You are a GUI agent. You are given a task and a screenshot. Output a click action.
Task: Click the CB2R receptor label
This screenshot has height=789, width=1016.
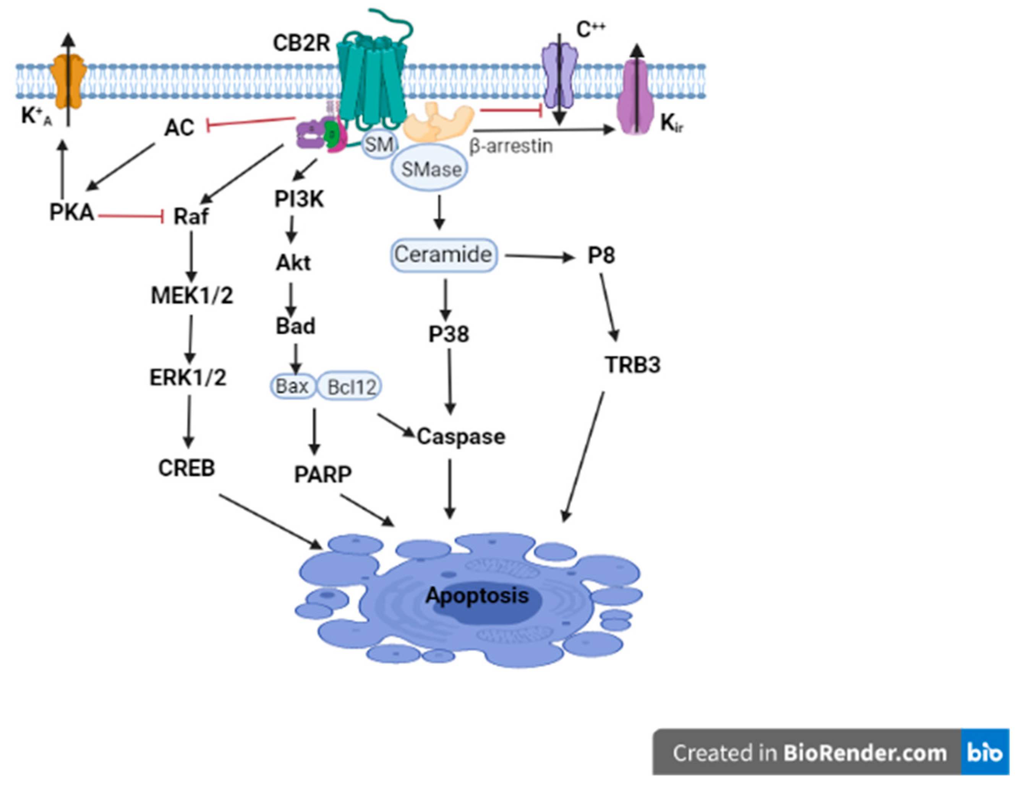301,43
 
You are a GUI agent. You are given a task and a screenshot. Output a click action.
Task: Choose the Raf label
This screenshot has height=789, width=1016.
191,216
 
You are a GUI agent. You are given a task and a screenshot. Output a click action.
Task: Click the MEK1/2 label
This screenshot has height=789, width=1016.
192,295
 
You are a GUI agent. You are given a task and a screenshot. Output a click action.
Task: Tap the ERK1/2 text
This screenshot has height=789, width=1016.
188,377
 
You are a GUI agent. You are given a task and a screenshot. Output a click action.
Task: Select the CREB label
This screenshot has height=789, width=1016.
186,468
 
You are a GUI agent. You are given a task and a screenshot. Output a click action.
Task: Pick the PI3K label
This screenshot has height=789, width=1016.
299,199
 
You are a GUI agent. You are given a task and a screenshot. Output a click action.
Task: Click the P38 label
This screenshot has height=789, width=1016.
449,334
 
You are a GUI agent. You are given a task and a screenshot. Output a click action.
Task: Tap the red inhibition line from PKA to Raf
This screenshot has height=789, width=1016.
131,216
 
